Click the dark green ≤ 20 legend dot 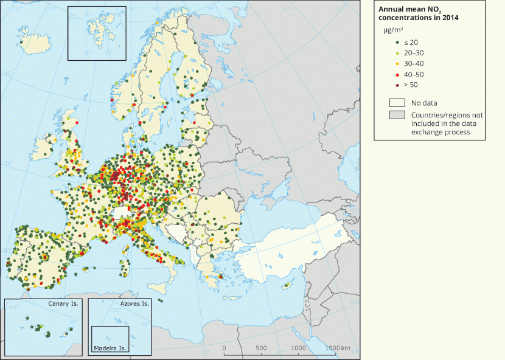[x=397, y=42]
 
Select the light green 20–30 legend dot [x=397, y=53]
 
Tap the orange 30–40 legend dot [x=397, y=63]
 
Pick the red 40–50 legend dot [x=397, y=74]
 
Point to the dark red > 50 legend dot [x=397, y=85]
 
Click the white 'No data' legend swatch [x=397, y=103]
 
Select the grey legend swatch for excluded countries [x=397, y=115]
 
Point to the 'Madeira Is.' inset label [x=110, y=349]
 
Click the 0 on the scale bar [x=225, y=348]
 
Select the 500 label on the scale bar [x=261, y=348]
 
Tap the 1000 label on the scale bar [x=298, y=348]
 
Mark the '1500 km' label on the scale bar [x=337, y=348]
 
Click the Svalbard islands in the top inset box [x=96, y=29]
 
